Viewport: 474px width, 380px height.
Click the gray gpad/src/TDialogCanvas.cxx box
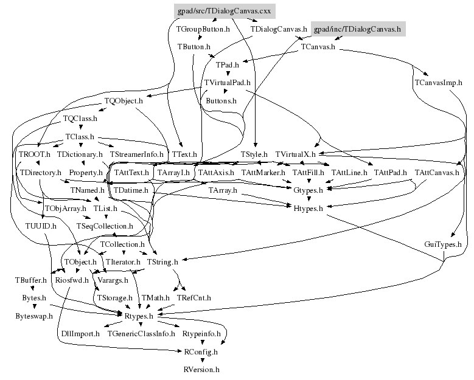[220, 11]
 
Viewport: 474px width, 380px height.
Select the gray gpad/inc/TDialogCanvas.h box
[357, 29]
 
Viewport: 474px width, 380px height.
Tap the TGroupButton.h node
[203, 29]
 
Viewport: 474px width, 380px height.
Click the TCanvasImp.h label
[437, 82]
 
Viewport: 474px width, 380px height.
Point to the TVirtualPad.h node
[228, 82]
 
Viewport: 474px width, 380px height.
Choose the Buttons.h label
[221, 100]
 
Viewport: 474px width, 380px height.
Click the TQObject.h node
[124, 100]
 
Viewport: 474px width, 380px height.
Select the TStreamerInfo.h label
[137, 154]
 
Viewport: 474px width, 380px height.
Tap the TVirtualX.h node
[295, 154]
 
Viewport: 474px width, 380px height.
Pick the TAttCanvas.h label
[437, 173]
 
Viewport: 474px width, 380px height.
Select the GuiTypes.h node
[443, 244]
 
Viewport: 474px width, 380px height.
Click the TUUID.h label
[41, 226]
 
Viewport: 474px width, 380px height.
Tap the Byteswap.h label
[34, 316]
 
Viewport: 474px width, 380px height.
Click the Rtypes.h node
[139, 316]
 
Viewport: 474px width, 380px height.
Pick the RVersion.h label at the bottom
[201, 369]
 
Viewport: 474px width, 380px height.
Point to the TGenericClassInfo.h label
[141, 333]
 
